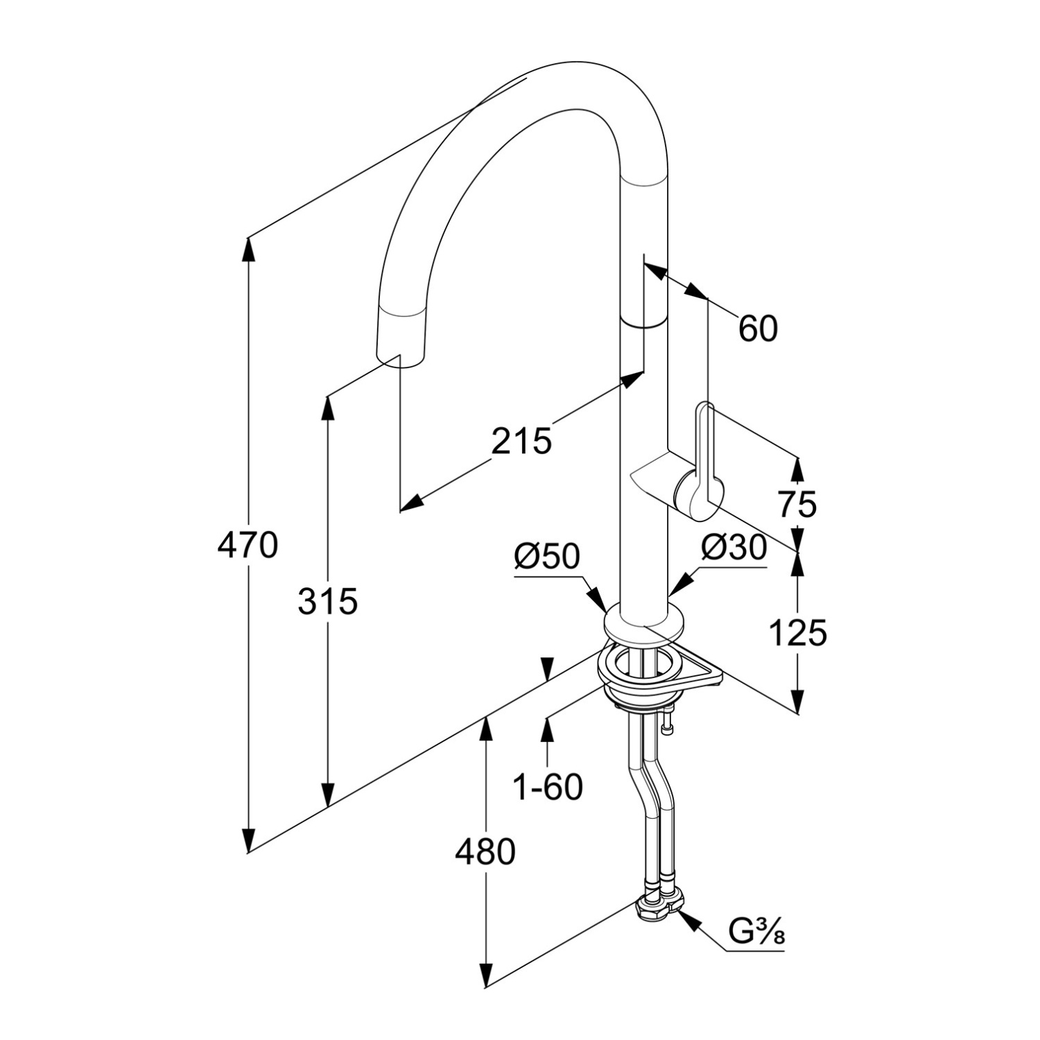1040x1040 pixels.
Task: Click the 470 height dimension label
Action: (x=248, y=545)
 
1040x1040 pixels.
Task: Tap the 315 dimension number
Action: (x=328, y=601)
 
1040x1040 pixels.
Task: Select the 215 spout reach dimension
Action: (x=521, y=441)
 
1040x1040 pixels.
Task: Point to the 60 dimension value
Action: (x=758, y=329)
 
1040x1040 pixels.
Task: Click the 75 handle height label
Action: (x=797, y=504)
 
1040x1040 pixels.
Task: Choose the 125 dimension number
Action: (x=797, y=632)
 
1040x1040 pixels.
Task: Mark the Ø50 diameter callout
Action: (x=546, y=556)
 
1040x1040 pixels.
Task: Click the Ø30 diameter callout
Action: (x=734, y=548)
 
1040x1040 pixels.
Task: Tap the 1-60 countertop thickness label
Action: (x=548, y=787)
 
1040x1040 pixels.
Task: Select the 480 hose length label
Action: (x=485, y=852)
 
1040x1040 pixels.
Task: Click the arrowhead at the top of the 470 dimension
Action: (x=248, y=247)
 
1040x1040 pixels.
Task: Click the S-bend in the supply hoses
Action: (x=652, y=790)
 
